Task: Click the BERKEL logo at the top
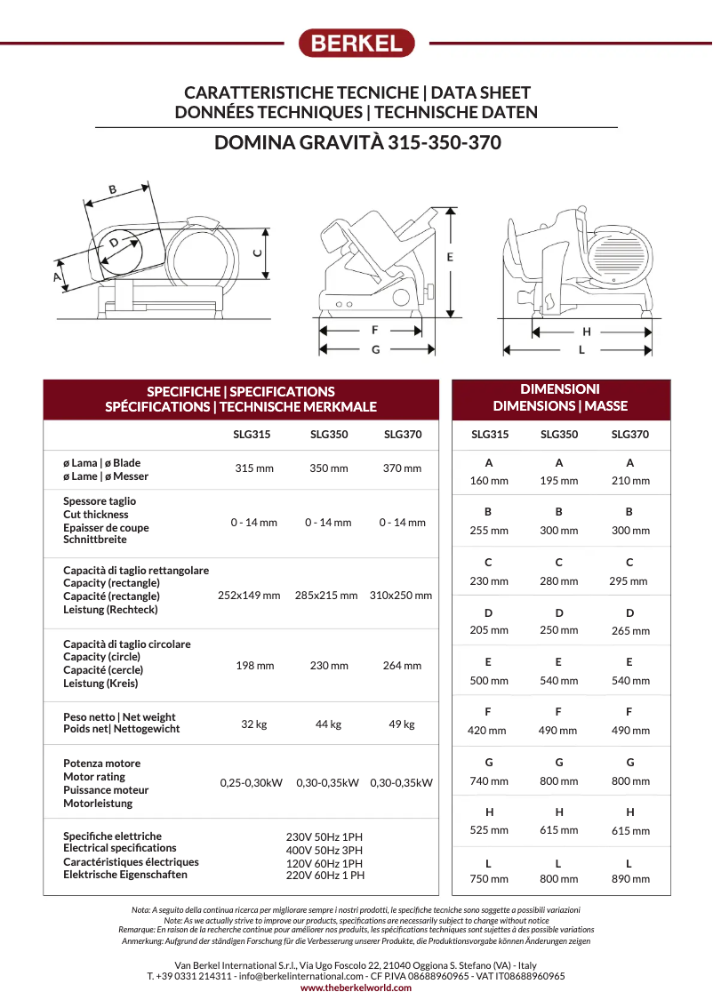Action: pos(356,43)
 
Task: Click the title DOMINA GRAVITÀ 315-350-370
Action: pos(356,143)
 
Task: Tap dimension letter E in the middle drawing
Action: pos(450,257)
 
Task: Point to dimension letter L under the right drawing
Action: pos(581,350)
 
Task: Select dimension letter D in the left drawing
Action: pos(114,243)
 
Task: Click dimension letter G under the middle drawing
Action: pos(375,350)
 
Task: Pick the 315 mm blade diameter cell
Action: pos(254,468)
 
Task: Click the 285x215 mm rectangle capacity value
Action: pos(326,596)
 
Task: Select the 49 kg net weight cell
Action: pos(402,724)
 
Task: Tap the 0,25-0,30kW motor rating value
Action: pos(252,783)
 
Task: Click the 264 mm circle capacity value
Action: pos(402,666)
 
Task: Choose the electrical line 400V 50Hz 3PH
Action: pos(324,851)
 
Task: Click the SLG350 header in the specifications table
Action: pos(329,435)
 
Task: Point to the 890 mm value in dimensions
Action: pos(630,879)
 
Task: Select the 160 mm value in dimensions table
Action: pos(489,481)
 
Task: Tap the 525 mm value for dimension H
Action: pos(489,830)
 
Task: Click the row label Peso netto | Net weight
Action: pos(119,716)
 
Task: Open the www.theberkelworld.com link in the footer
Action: pos(356,988)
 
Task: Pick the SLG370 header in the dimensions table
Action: pos(630,435)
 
